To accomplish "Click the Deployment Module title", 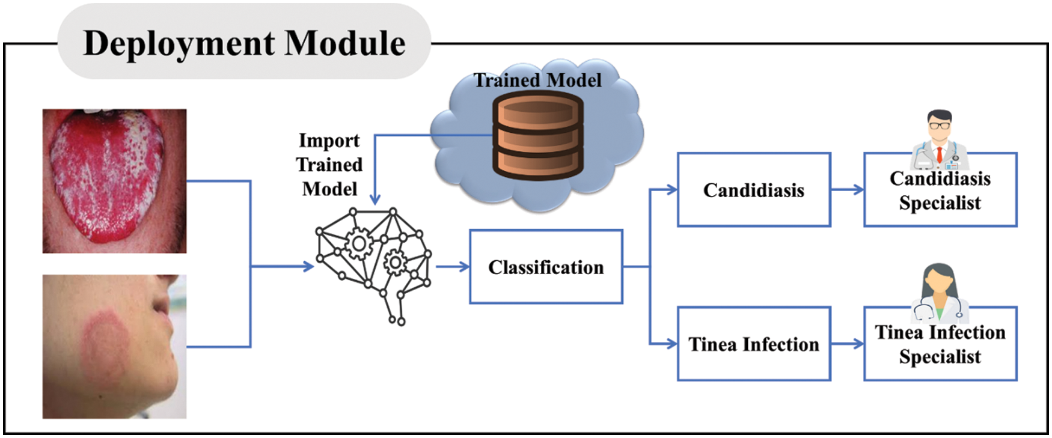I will (x=244, y=43).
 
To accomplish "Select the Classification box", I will (x=545, y=267).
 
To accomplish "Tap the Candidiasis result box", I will (x=753, y=190).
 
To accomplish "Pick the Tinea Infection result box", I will (x=753, y=344).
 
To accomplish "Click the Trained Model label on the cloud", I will (x=537, y=80).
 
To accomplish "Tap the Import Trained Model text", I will (x=329, y=165).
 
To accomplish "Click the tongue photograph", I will (x=114, y=180).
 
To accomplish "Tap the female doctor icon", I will (x=939, y=292).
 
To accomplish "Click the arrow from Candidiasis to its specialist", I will (x=847, y=190).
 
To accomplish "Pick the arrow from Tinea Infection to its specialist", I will (x=847, y=344).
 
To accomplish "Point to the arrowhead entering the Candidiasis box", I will (x=672, y=190).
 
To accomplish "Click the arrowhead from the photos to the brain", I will (x=308, y=266).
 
